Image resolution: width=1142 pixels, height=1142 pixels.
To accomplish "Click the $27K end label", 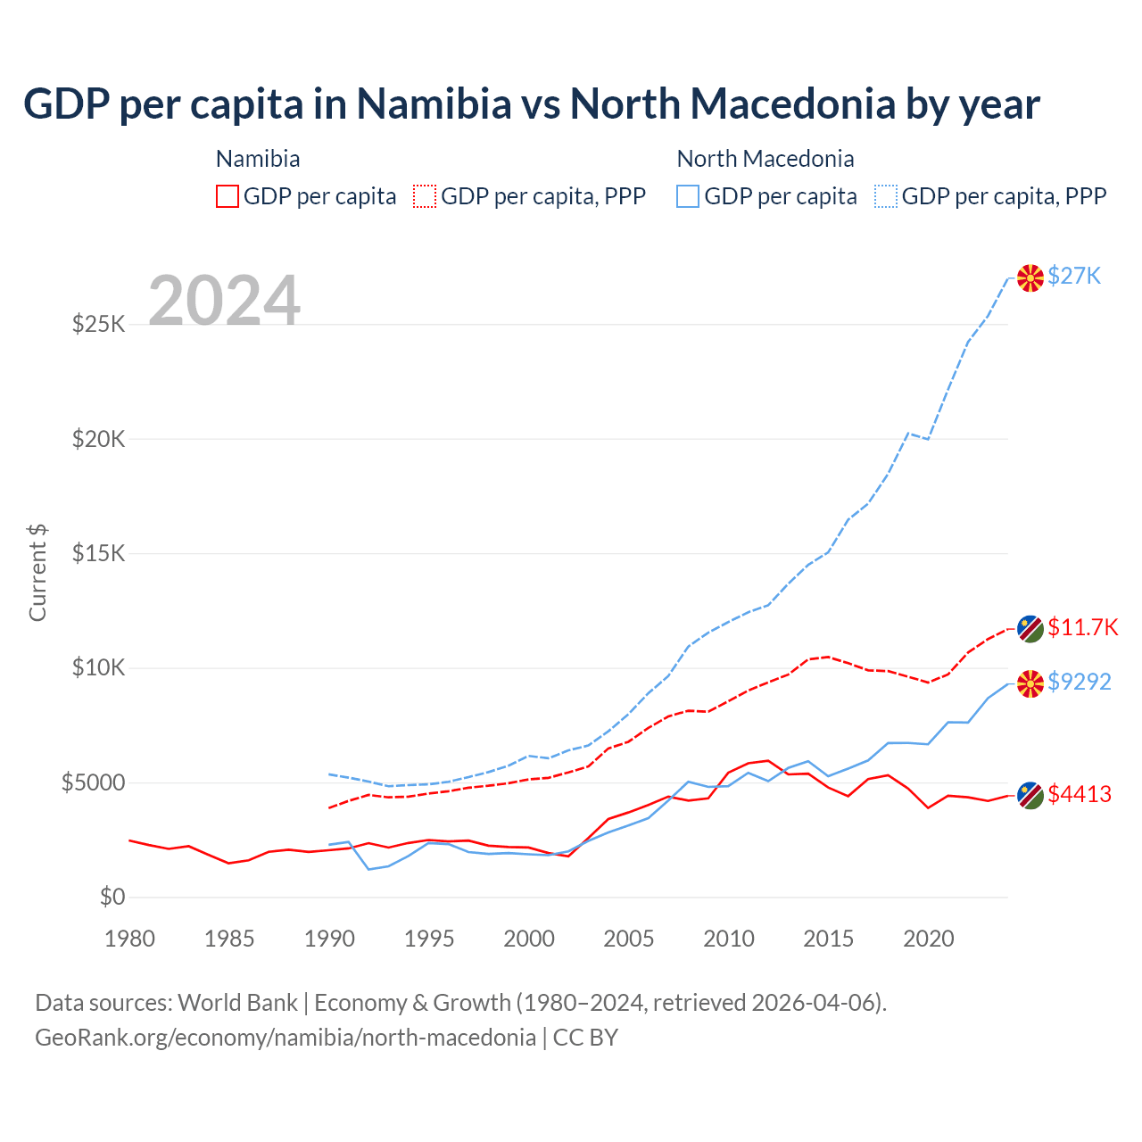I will click(x=1074, y=276).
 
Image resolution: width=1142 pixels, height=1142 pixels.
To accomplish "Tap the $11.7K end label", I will click(x=1082, y=627).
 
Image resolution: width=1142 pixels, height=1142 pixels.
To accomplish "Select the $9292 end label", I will click(x=1080, y=682).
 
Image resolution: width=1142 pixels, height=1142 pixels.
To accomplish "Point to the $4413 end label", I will click(x=1080, y=794).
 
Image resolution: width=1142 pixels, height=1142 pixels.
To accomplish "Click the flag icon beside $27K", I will click(x=1030, y=277).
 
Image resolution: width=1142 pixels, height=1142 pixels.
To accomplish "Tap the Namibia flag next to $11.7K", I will click(x=1030, y=628).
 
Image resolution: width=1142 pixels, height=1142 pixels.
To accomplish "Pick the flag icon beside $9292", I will click(x=1030, y=683).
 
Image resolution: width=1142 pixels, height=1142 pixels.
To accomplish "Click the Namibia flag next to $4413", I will click(x=1030, y=795).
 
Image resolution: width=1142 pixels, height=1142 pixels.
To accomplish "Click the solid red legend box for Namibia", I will click(x=228, y=196).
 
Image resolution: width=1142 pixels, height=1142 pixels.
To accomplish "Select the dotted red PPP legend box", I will click(x=426, y=196).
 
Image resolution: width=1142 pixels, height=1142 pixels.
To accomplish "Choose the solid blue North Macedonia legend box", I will click(x=688, y=196).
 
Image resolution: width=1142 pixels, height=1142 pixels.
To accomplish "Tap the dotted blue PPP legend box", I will click(x=886, y=196).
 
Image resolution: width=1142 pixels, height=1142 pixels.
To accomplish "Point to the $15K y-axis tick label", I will click(x=98, y=553).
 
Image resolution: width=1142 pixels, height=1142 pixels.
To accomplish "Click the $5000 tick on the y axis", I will click(x=93, y=782).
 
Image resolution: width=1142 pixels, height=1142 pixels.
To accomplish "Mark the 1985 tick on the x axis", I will click(x=229, y=939).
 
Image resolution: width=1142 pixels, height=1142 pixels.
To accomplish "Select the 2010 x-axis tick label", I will click(x=729, y=939).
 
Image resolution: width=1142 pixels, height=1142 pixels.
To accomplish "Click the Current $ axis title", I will click(x=37, y=573).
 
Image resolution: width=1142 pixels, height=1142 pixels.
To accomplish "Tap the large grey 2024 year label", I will click(x=224, y=301).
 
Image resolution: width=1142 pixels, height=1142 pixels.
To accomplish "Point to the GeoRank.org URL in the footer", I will click(x=285, y=1038).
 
